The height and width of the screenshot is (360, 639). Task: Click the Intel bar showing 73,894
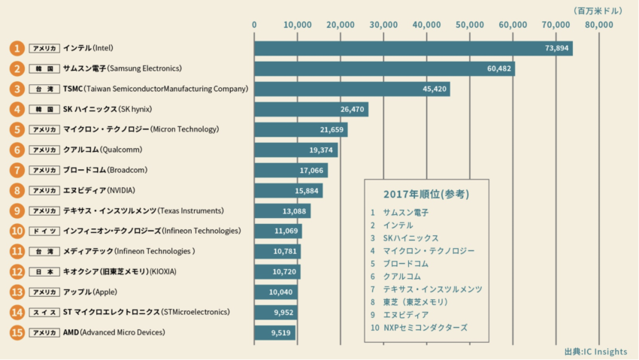click(413, 48)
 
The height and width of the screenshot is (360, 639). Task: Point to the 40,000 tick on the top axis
click(427, 25)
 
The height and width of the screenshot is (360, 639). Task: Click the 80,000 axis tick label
click(599, 25)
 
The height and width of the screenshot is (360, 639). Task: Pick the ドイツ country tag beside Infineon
click(44, 231)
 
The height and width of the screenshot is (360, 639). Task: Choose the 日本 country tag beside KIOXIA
click(44, 271)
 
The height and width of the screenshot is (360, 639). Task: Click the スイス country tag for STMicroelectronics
click(44, 312)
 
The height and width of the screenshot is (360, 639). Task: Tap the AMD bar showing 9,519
click(274, 332)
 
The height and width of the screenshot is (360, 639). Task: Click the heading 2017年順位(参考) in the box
click(426, 194)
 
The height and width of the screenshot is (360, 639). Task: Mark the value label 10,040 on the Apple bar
click(283, 292)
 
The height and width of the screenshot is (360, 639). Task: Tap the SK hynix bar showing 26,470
click(310, 109)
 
